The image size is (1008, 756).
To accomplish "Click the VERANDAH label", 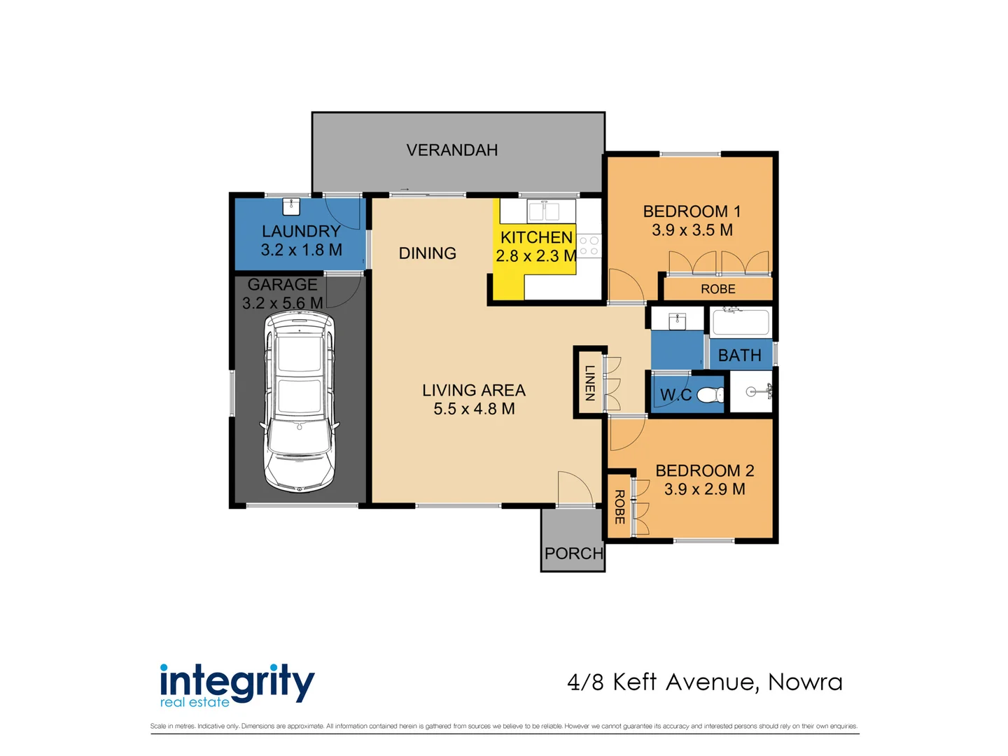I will pyautogui.click(x=452, y=150).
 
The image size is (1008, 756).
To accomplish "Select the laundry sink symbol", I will pyautogui.click(x=291, y=206).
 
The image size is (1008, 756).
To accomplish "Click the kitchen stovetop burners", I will pyautogui.click(x=589, y=246).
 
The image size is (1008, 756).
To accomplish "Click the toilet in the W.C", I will pyautogui.click(x=710, y=395).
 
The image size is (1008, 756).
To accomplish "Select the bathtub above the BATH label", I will pyautogui.click(x=741, y=323).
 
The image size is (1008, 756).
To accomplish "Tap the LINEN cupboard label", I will pyautogui.click(x=590, y=383).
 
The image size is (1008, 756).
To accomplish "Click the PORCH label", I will pyautogui.click(x=573, y=554).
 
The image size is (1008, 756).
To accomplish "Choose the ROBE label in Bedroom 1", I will pyautogui.click(x=717, y=289).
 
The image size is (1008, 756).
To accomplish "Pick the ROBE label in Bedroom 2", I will pyautogui.click(x=619, y=507).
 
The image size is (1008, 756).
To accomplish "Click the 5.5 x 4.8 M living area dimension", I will pyautogui.click(x=474, y=409).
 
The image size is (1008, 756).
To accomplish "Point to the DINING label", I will pyautogui.click(x=427, y=253).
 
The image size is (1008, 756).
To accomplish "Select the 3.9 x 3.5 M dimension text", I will pyautogui.click(x=692, y=230).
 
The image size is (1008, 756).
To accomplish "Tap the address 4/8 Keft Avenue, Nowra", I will pyautogui.click(x=705, y=682).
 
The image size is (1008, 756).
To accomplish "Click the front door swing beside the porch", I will pyautogui.click(x=574, y=488).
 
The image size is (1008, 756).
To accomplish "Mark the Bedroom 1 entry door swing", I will pyautogui.click(x=624, y=286).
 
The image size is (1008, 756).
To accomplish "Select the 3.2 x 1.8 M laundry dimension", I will pyautogui.click(x=301, y=250).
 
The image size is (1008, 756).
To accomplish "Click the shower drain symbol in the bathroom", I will pyautogui.click(x=750, y=392).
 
